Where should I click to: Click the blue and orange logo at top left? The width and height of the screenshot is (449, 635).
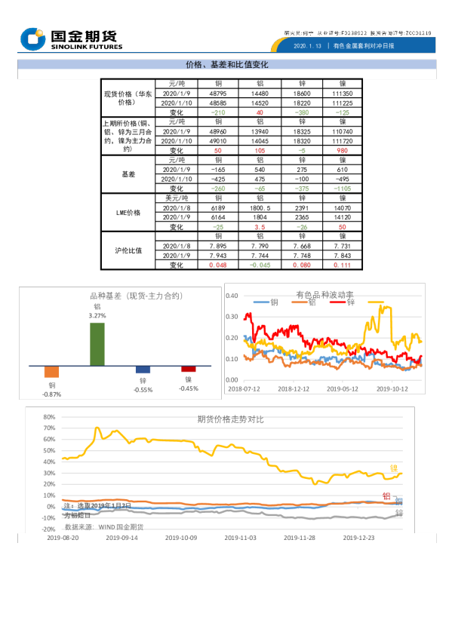pos(33,38)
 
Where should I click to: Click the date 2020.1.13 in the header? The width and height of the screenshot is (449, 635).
pos(307,46)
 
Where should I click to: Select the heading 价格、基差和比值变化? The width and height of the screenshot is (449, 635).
pos(227,65)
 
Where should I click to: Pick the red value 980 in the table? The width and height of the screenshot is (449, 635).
pos(342,151)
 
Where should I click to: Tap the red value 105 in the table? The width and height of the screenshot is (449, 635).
pos(260,151)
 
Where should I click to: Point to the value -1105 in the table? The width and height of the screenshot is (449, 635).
pos(342,189)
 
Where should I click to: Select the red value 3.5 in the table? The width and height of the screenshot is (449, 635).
pos(260,226)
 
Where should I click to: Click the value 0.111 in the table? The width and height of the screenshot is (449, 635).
pos(342,265)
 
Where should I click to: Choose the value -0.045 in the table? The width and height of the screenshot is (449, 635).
pos(260,265)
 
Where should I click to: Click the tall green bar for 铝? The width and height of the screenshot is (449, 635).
pos(97,344)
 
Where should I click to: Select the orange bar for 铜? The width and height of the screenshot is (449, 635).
pos(51,372)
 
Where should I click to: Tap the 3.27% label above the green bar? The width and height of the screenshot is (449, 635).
pos(97,316)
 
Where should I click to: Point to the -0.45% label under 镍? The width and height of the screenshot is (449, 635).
pos(188,389)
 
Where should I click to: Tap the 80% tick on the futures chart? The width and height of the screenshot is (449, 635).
pos(49,417)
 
